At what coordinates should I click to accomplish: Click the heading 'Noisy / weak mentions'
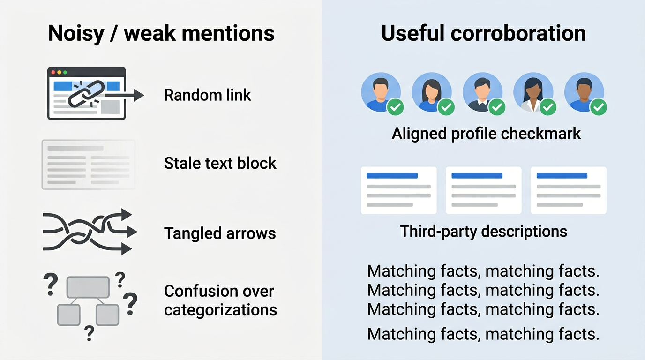(161, 34)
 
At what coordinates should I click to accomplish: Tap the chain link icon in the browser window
(86, 92)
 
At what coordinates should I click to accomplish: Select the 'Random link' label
(207, 95)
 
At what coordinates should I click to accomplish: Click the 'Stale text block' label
(220, 163)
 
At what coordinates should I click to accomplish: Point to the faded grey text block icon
(89, 165)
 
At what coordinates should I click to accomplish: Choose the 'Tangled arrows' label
(220, 233)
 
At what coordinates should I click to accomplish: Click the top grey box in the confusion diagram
(88, 287)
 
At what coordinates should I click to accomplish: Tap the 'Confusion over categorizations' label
(220, 300)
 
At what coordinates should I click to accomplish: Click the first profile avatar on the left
(380, 92)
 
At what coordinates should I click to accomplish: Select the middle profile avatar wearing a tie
(482, 92)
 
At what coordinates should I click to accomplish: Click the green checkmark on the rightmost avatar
(598, 107)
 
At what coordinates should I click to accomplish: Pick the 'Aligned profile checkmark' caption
(486, 134)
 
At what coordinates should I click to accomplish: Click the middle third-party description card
(483, 190)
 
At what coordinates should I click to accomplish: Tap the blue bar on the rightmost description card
(562, 176)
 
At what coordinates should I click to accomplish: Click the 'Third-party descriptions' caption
(483, 231)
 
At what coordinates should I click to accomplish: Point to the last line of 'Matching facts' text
(483, 334)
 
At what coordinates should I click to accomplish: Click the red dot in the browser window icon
(53, 72)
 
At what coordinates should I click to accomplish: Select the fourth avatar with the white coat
(533, 92)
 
